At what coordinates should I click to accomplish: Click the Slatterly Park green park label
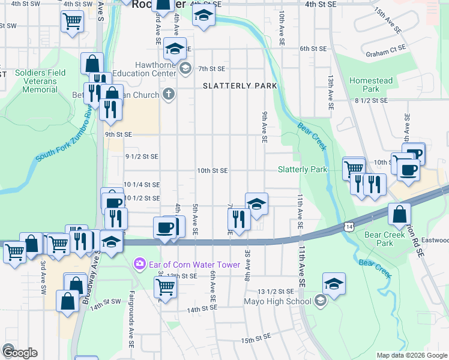click(x=303, y=170)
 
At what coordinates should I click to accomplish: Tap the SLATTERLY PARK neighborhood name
click(x=240, y=86)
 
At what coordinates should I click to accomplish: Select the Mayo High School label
click(x=277, y=300)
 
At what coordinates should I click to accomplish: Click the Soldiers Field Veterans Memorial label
click(x=40, y=81)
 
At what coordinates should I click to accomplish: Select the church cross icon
click(x=169, y=94)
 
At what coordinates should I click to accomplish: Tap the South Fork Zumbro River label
click(x=63, y=135)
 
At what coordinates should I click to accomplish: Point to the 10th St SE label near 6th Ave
click(x=212, y=170)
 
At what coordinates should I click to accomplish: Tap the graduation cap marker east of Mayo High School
click(x=334, y=283)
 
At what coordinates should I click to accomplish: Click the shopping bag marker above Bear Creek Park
click(x=399, y=214)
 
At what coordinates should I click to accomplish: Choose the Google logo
click(x=19, y=353)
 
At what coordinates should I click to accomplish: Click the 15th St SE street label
click(x=256, y=340)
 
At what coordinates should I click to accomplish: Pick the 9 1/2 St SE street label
click(x=142, y=157)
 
